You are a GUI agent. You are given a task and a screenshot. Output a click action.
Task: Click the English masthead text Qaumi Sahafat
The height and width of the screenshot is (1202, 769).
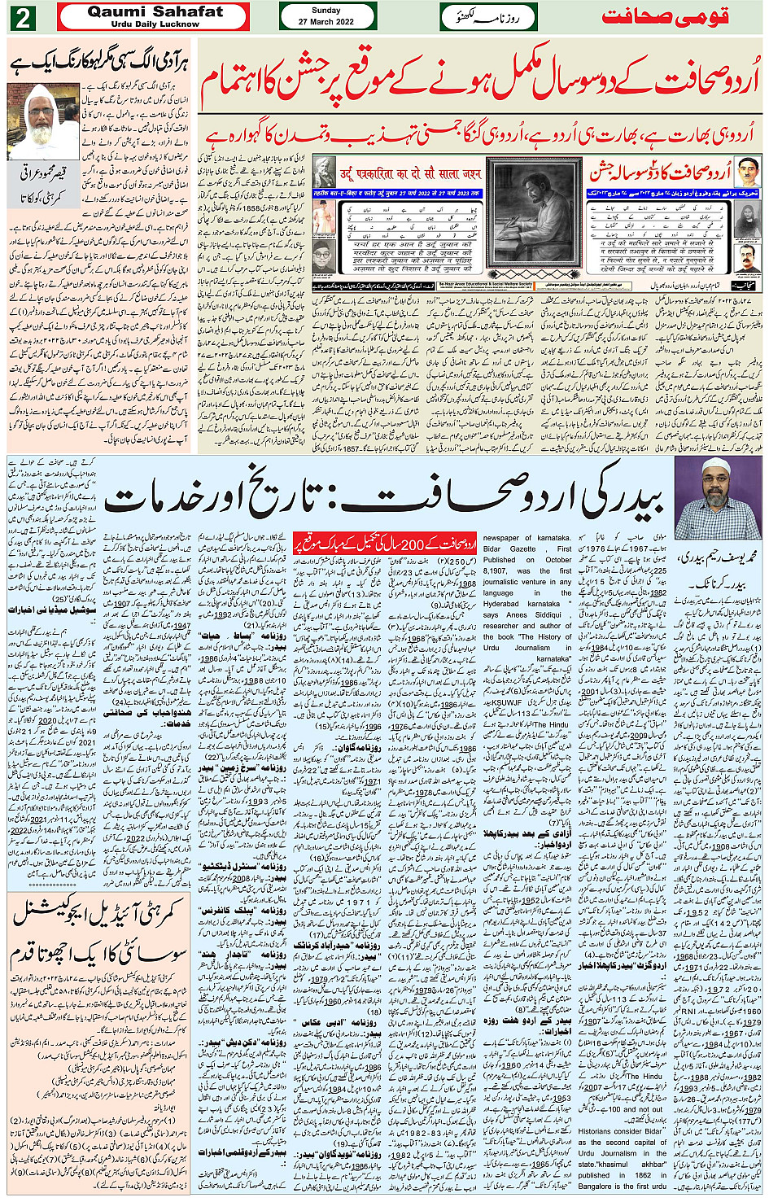coord(155,11)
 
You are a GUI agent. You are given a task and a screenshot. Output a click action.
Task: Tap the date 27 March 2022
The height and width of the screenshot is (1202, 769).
coord(326,22)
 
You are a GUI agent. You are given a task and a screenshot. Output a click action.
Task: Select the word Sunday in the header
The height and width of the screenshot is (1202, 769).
coord(326,11)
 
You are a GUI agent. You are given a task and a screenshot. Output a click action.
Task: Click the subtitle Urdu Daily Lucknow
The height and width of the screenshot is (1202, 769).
coord(155,24)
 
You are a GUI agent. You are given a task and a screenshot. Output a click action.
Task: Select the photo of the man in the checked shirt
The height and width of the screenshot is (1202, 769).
coord(717,496)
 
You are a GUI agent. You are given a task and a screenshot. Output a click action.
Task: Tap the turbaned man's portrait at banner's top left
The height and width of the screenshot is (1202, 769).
coord(325,173)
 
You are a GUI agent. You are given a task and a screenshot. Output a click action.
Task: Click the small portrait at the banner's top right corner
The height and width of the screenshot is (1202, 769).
coord(748,173)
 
